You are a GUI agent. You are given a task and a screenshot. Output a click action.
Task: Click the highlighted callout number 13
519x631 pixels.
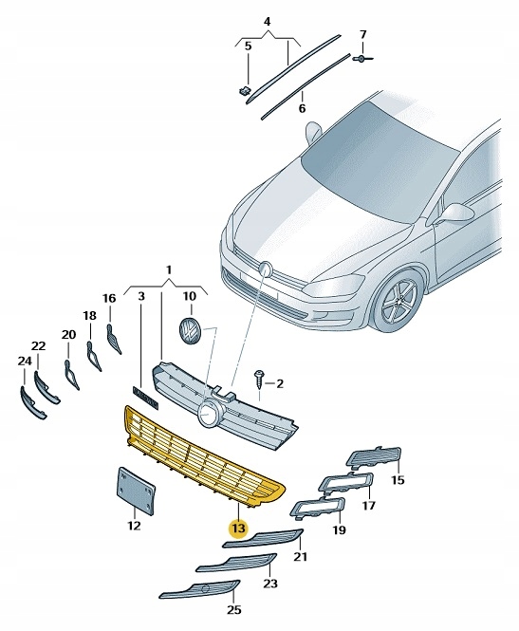point(236,529)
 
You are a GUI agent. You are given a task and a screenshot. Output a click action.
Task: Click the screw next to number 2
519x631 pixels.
point(257,377)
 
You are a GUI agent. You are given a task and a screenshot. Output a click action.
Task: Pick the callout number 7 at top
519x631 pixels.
point(361,35)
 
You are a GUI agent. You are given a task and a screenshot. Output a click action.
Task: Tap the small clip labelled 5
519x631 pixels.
point(243,90)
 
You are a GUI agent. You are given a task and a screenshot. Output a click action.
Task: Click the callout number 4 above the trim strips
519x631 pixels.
point(267,20)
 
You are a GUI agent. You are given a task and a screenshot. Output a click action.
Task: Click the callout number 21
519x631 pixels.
point(301,556)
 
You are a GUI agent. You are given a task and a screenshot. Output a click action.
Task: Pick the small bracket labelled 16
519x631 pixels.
point(113,337)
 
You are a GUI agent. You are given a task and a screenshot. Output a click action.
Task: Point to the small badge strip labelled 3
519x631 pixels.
point(142,397)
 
